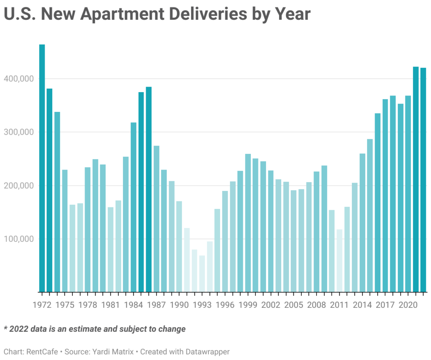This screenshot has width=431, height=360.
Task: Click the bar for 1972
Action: pos(42,168)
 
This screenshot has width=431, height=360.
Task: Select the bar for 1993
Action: pos(202,274)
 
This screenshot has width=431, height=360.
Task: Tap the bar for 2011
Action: pos(339,261)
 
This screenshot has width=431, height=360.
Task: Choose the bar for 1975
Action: pos(65,231)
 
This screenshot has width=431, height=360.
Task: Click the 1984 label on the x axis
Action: pos(133,304)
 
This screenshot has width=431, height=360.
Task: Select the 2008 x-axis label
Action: pos(317,304)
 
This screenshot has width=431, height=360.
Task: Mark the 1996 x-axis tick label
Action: pos(225,304)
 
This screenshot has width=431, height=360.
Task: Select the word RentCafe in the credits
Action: pos(43,351)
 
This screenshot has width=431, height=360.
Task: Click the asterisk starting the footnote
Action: pos(6,328)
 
